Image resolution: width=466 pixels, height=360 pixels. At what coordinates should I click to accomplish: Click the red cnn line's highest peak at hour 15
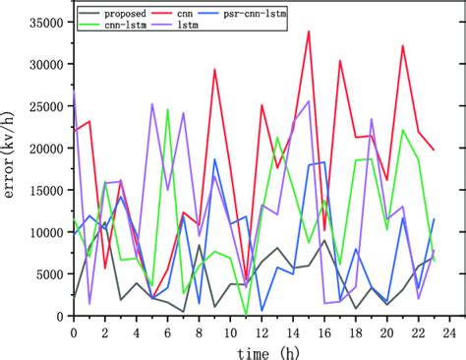click(x=309, y=30)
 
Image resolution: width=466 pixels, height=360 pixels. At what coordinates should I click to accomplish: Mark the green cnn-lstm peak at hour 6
click(x=168, y=109)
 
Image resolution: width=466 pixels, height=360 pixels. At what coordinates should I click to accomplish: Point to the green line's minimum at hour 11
click(x=246, y=315)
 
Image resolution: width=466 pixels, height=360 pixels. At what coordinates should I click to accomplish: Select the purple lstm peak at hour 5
click(x=152, y=104)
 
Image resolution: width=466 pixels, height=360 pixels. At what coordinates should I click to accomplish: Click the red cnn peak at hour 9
click(x=215, y=70)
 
